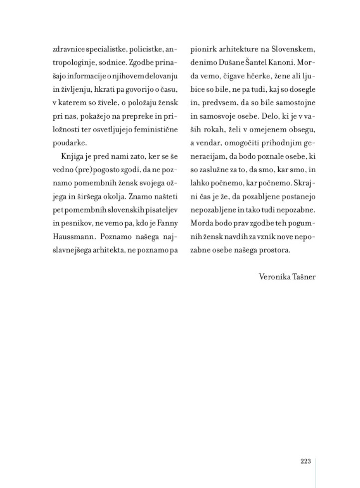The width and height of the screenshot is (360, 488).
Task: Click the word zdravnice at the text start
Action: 67,50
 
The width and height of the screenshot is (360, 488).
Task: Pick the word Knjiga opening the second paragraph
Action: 70,157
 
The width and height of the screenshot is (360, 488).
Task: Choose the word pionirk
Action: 203,50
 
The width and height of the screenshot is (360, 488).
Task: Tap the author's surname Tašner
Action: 305,276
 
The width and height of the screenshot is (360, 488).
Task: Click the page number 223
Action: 306,462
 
